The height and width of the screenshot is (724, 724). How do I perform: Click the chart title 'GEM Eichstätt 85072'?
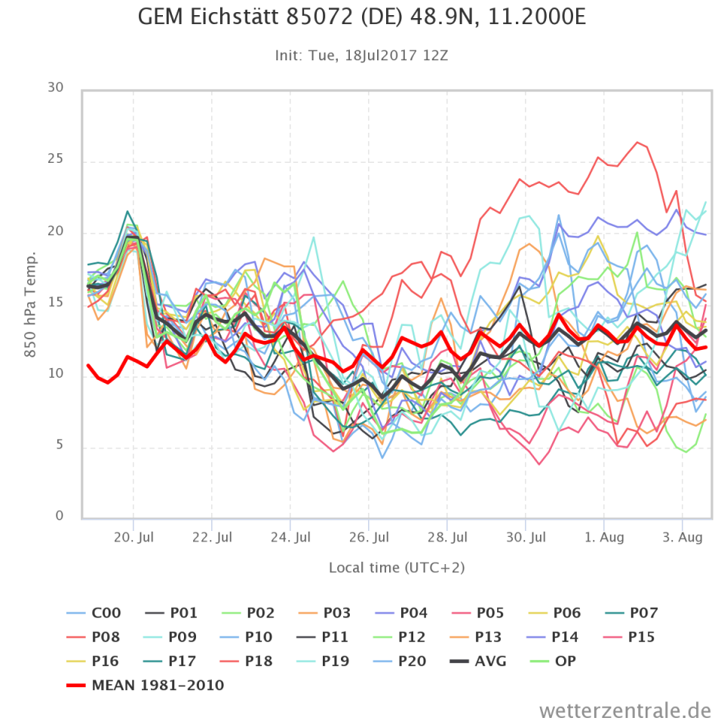[x=361, y=17]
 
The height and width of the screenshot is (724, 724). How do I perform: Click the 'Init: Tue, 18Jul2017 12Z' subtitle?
[x=362, y=56]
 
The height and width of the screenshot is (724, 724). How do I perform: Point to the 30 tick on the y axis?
[x=55, y=89]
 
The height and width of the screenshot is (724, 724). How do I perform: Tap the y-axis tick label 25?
[x=55, y=161]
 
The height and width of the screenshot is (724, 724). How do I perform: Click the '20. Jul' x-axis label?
[x=133, y=538]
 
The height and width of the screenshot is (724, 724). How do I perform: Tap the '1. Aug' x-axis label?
[x=603, y=538]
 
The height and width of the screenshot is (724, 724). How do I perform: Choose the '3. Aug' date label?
[x=683, y=538]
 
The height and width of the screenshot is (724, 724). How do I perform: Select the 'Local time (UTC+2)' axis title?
[x=397, y=567]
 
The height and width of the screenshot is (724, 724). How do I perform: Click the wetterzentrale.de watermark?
[x=625, y=710]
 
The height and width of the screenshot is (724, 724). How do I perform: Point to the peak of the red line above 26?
[x=637, y=142]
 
